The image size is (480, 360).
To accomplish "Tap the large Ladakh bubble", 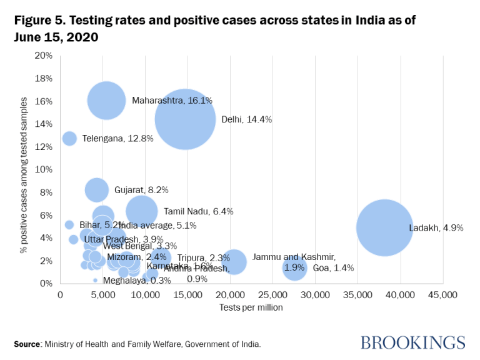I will (x=384, y=227).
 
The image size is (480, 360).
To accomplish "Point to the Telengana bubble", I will (x=69, y=139).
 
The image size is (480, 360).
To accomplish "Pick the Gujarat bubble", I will (x=96, y=189).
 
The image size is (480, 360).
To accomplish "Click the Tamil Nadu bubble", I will (x=141, y=211).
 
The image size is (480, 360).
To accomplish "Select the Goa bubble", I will (x=294, y=267).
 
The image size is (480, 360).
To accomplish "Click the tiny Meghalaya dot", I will (x=95, y=280).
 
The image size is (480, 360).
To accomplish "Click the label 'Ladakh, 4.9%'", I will (x=436, y=228).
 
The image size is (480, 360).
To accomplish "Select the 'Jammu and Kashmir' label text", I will (x=294, y=257).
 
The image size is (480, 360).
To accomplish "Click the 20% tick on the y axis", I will (x=44, y=56).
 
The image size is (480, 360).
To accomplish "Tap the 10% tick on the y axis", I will (x=44, y=169).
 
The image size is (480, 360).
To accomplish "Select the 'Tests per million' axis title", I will (x=251, y=307).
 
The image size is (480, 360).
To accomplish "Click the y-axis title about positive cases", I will (x=24, y=169).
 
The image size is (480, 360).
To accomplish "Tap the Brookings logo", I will (x=412, y=342).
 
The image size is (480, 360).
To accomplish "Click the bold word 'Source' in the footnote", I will (x=27, y=344).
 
